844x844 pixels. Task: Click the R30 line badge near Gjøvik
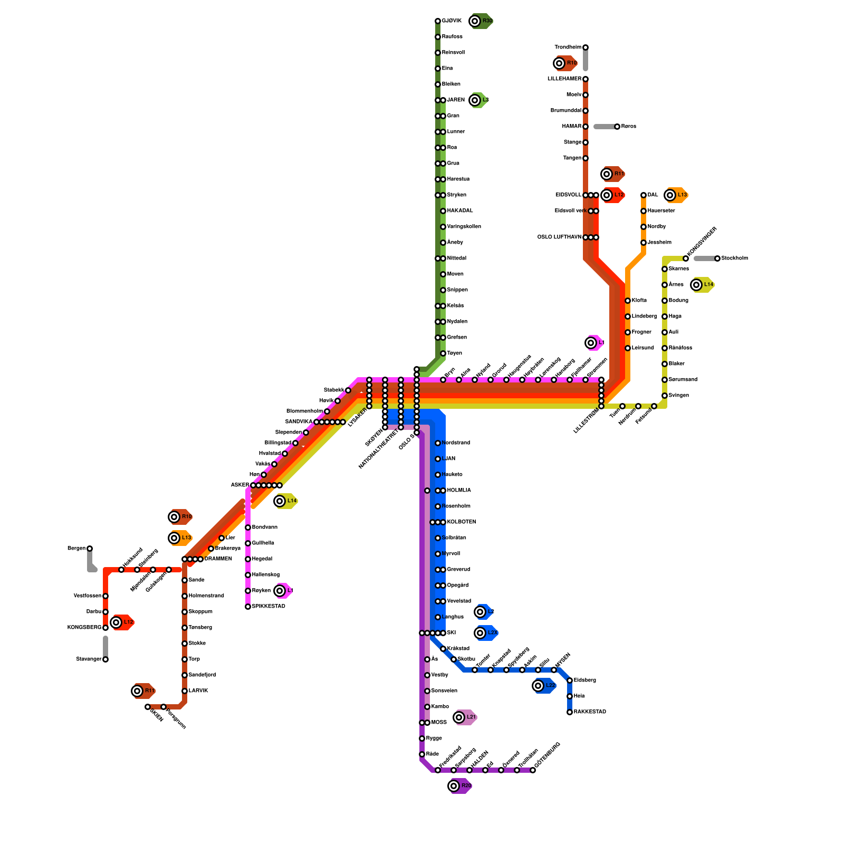click(x=481, y=21)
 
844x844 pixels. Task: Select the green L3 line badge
click(x=479, y=100)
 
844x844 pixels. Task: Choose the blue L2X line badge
click(x=486, y=633)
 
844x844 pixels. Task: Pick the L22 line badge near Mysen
click(x=544, y=686)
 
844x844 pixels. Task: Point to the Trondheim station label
click(x=568, y=47)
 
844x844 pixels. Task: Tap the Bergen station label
click(x=76, y=549)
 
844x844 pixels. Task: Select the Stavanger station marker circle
click(x=105, y=659)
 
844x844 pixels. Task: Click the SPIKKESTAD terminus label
click(x=268, y=607)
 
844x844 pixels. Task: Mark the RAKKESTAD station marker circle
click(x=570, y=712)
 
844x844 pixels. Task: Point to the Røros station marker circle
click(x=617, y=127)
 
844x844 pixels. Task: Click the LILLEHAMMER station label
click(x=564, y=79)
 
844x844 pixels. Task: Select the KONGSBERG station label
click(x=84, y=628)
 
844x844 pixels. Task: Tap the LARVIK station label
click(x=198, y=691)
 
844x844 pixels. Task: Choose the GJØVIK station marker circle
click(x=438, y=21)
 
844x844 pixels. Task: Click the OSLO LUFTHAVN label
click(x=559, y=237)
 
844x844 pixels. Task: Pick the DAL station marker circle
click(x=644, y=195)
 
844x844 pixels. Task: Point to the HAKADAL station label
click(x=460, y=211)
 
